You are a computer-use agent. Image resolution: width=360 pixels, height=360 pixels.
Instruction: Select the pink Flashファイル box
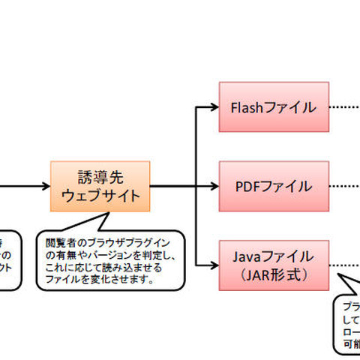tap(274, 106)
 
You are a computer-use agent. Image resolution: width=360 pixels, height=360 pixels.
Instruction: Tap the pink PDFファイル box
tap(274, 185)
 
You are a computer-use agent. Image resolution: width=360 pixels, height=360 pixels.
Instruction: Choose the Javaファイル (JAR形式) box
tap(274, 264)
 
